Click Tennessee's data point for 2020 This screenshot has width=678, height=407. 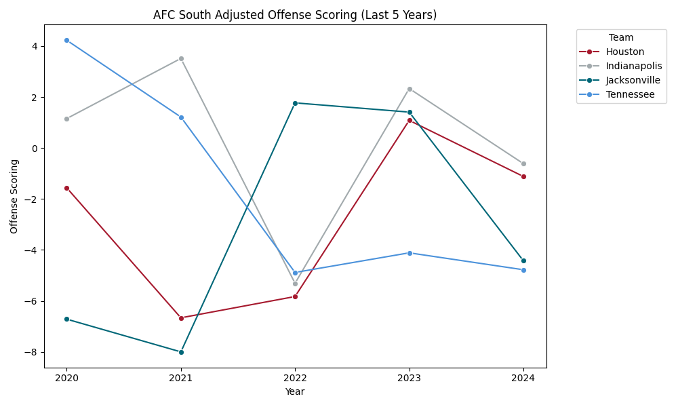tap(66, 40)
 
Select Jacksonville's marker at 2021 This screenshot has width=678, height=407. tap(181, 352)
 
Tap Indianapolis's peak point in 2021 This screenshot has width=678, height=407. tap(181, 58)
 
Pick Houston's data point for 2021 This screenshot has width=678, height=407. tap(181, 318)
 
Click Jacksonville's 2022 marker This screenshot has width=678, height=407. tap(295, 103)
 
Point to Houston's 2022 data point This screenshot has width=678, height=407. tap(295, 296)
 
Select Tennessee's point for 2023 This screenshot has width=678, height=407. tap(410, 253)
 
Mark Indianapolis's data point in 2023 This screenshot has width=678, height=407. tap(410, 89)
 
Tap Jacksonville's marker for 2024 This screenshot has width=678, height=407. tap(523, 260)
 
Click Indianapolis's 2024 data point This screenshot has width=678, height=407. tap(523, 163)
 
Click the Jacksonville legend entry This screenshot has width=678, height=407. tap(633, 80)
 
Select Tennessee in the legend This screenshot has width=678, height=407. tap(631, 94)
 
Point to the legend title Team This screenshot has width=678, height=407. tap(621, 38)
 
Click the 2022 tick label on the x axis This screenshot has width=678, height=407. tap(295, 378)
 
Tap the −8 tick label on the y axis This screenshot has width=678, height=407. tap(33, 352)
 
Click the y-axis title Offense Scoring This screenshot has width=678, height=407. tap(14, 196)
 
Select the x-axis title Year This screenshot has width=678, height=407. tap(295, 391)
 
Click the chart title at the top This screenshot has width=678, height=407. tap(295, 15)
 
